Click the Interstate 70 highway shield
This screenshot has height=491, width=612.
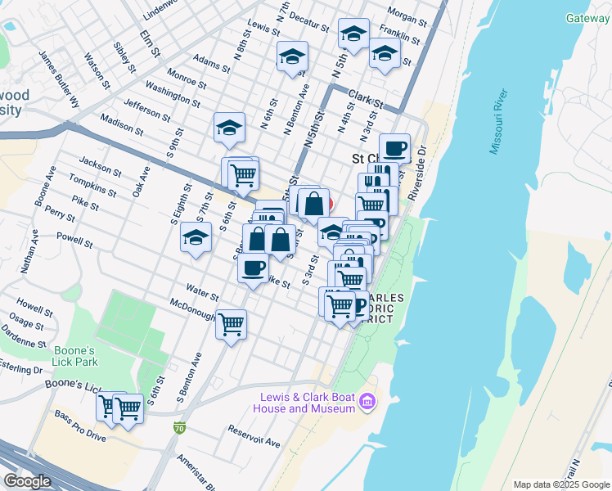tap(179, 428)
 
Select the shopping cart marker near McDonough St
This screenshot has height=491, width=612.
tap(232, 324)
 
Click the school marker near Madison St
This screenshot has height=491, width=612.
tap(230, 128)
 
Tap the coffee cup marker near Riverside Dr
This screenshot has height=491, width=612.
tap(394, 148)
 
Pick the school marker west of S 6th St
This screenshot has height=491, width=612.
tap(195, 238)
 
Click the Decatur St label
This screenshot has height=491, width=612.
tap(308, 21)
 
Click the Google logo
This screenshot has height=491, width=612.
tap(28, 481)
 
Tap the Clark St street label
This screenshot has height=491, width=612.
tap(365, 99)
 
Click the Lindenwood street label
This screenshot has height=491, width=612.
tap(160, 11)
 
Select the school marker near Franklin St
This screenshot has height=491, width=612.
tap(384, 54)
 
